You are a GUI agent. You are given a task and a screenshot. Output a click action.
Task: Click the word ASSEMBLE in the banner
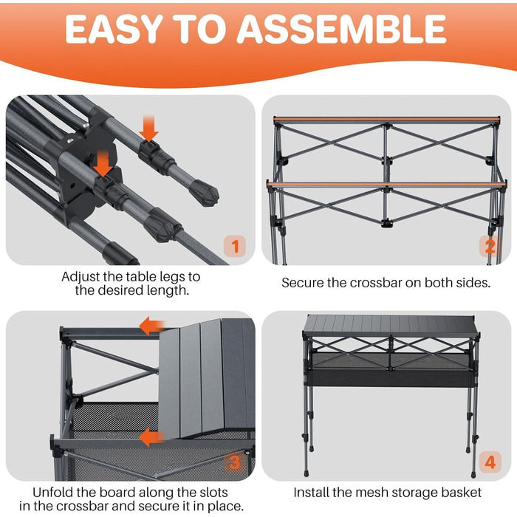(x=341, y=29)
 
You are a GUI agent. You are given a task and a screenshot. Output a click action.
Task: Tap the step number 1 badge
(x=235, y=246)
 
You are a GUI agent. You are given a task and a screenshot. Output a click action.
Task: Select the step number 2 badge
(x=490, y=246)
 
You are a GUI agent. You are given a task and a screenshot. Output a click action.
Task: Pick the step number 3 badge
(x=234, y=462)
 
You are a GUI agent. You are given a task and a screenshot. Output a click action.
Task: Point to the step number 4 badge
(x=490, y=462)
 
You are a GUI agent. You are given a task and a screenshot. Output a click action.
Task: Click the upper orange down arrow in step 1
(x=148, y=129)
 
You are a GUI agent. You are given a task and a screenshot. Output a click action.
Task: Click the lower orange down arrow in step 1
(x=103, y=164)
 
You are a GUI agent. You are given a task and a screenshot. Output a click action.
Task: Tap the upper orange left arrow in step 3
(x=152, y=326)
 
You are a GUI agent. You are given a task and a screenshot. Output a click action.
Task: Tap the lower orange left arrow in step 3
(x=152, y=437)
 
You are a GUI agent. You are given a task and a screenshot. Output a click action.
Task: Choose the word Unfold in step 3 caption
(x=53, y=493)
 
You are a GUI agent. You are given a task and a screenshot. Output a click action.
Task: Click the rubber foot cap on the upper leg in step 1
(x=204, y=195)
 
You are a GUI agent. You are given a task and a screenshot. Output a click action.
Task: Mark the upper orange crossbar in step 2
(x=387, y=119)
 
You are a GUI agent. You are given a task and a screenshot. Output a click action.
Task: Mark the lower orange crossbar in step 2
(x=386, y=184)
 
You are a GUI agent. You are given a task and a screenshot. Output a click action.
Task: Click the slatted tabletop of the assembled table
(x=390, y=325)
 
